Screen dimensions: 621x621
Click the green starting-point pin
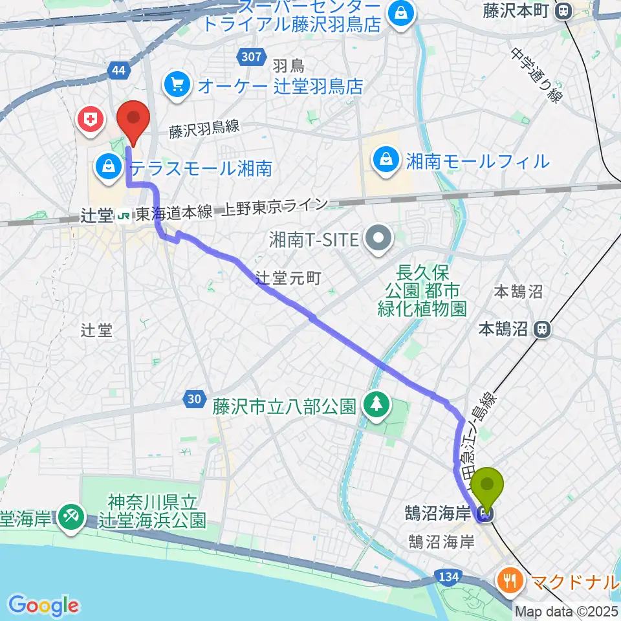point(489,488)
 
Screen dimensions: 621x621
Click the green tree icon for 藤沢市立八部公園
point(376,406)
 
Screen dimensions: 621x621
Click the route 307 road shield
point(250,58)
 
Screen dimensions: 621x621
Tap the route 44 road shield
point(118,71)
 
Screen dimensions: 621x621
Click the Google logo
point(43,605)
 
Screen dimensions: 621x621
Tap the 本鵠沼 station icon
point(542,329)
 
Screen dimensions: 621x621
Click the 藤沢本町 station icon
point(565,10)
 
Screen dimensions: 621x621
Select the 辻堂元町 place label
point(289,278)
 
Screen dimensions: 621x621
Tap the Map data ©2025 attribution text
point(567,611)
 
